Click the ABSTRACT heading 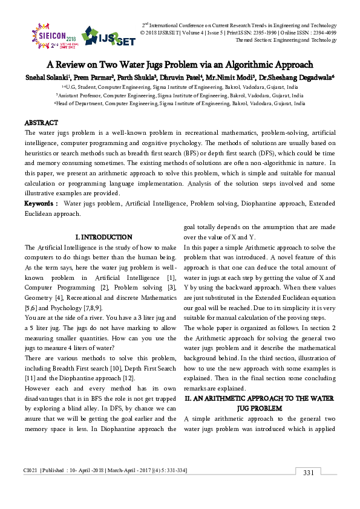click(41, 123)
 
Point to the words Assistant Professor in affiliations click(79, 96)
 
